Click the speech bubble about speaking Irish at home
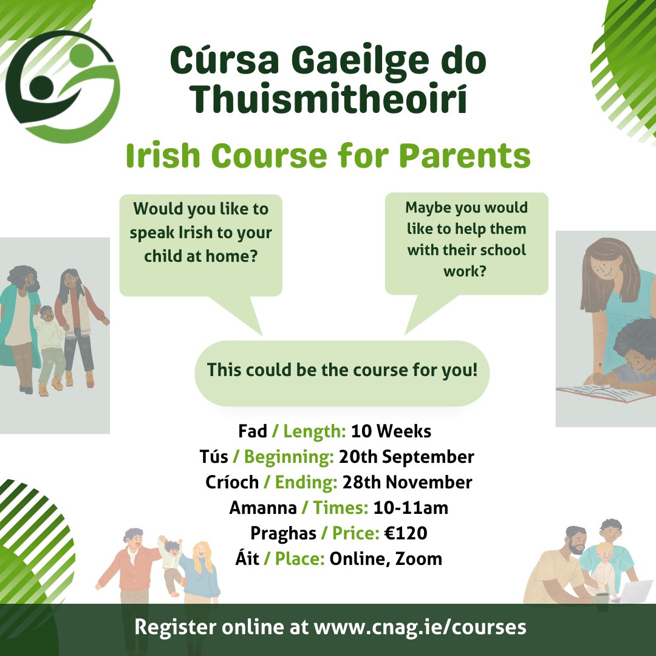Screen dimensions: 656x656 pyautogui.click(x=200, y=243)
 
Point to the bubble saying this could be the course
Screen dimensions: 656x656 pyautogui.click(x=342, y=371)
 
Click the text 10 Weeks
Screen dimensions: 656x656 pyautogui.click(x=391, y=432)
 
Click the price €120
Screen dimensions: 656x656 pyautogui.click(x=405, y=533)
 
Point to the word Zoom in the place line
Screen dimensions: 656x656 pyautogui.click(x=419, y=559)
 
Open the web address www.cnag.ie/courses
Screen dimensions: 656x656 pyautogui.click(x=420, y=628)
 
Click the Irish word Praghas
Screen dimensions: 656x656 pyautogui.click(x=283, y=533)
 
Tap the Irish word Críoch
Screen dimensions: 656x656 pyautogui.click(x=232, y=482)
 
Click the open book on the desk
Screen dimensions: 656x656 pyautogui.click(x=601, y=392)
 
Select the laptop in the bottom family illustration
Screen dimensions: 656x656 pyautogui.click(x=632, y=591)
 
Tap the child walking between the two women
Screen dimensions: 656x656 pyautogui.click(x=50, y=340)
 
